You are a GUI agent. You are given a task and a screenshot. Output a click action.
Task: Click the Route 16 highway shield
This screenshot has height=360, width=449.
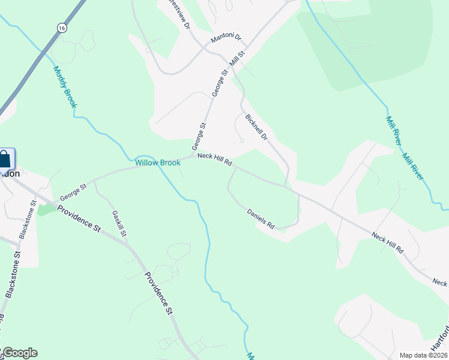(62, 28)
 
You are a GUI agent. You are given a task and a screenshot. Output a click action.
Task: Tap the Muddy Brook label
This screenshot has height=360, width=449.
(65, 87)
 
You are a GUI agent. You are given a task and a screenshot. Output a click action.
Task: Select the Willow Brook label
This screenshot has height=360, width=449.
(158, 163)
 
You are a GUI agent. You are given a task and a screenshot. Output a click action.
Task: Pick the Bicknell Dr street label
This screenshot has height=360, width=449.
(256, 127)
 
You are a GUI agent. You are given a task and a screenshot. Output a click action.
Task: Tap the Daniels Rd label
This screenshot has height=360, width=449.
(261, 218)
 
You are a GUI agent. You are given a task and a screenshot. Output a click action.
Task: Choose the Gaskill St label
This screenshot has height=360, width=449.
(119, 223)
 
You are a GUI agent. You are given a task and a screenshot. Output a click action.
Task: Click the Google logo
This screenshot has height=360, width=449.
(20, 353)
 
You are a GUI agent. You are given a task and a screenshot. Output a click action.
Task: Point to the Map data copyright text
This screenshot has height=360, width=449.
(422, 355)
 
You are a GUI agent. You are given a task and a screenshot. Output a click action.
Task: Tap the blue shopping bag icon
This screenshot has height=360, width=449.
(5, 160)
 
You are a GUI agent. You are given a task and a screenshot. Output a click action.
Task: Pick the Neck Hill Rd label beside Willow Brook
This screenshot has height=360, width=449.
(214, 160)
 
